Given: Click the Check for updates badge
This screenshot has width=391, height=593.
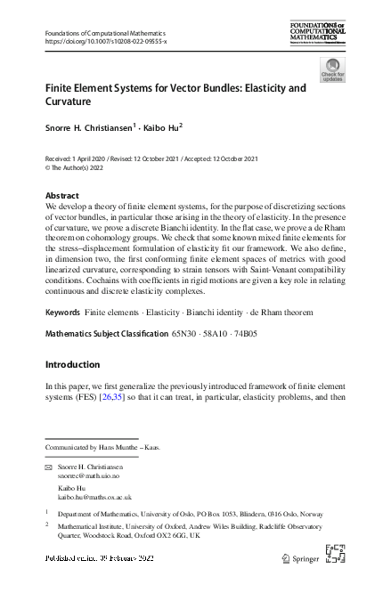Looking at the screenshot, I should click(x=332, y=70).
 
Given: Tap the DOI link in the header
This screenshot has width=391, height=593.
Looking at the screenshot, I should click(x=105, y=42).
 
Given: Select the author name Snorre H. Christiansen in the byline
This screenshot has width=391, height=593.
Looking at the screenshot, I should click(x=89, y=128).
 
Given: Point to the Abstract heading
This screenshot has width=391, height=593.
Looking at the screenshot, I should click(x=61, y=195).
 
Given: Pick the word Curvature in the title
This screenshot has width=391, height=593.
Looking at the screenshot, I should click(x=75, y=102).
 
